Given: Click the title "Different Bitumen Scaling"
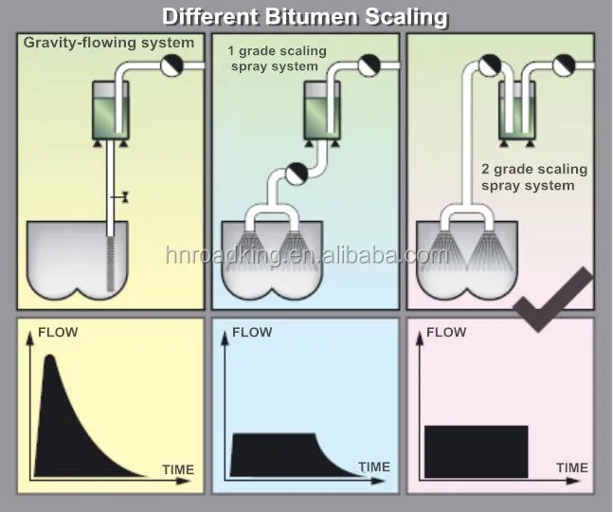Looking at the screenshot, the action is click(304, 16).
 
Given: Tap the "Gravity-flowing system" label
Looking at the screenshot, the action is click(109, 43).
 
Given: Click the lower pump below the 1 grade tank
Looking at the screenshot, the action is click(296, 173).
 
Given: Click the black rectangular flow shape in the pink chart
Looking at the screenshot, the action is click(476, 451).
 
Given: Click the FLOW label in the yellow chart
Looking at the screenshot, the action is click(58, 332).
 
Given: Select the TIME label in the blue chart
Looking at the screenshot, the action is click(373, 466).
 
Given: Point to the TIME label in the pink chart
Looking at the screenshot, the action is click(571, 467).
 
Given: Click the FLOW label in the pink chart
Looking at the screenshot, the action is click(446, 332).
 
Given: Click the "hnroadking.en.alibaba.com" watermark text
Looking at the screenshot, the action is click(302, 255).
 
